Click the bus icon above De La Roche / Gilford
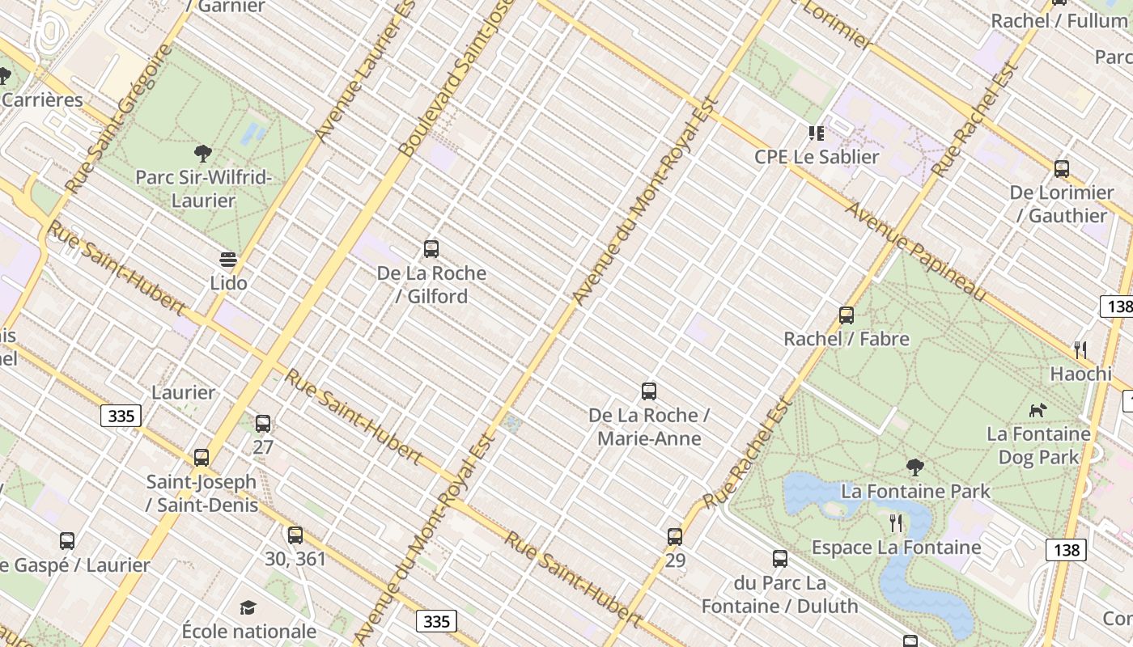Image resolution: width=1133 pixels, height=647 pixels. pyautogui.click(x=431, y=249)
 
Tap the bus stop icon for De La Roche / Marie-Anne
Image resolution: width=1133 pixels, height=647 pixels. pyautogui.click(x=648, y=391)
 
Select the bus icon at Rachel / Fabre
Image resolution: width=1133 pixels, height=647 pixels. pyautogui.click(x=847, y=315)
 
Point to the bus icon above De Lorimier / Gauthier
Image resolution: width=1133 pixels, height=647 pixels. pyautogui.click(x=1062, y=169)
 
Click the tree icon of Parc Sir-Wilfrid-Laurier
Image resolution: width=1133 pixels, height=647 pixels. pyautogui.click(x=203, y=153)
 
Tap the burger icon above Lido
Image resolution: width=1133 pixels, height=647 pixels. pyautogui.click(x=228, y=260)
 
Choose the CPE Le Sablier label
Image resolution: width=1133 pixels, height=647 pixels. pyautogui.click(x=817, y=157)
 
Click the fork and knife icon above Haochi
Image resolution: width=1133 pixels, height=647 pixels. pyautogui.click(x=1080, y=349)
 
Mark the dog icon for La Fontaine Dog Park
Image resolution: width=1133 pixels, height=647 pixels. pyautogui.click(x=1038, y=411)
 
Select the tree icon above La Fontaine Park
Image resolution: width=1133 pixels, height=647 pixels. pyautogui.click(x=915, y=467)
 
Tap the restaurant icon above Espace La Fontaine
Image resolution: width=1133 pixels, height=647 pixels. pyautogui.click(x=896, y=523)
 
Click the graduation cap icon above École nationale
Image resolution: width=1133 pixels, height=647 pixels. pyautogui.click(x=248, y=607)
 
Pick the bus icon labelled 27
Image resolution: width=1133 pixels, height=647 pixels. pyautogui.click(x=263, y=423)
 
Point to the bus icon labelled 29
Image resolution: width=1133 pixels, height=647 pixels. pyautogui.click(x=675, y=536)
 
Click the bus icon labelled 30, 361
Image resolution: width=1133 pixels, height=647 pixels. pyautogui.click(x=295, y=535)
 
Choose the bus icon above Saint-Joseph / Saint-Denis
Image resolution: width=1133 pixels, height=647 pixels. pyautogui.click(x=202, y=458)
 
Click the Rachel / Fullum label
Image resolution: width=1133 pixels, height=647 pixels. pyautogui.click(x=1059, y=21)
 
